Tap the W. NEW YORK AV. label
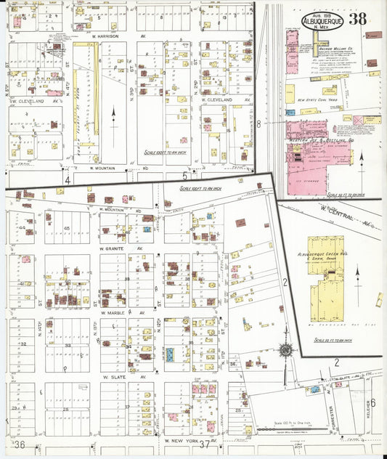click(182, 442)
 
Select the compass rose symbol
click(286, 351)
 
